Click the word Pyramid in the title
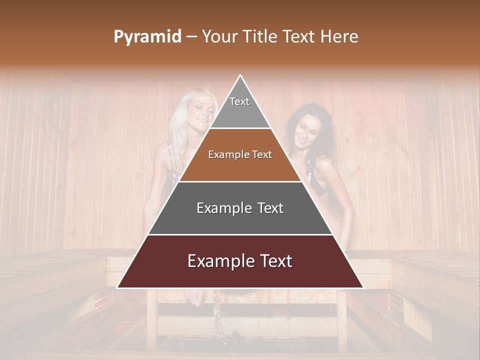[x=147, y=37]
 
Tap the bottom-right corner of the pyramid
[x=363, y=287]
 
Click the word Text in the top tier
[x=239, y=101]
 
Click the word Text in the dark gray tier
[x=267, y=208]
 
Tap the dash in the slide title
[x=191, y=37]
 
